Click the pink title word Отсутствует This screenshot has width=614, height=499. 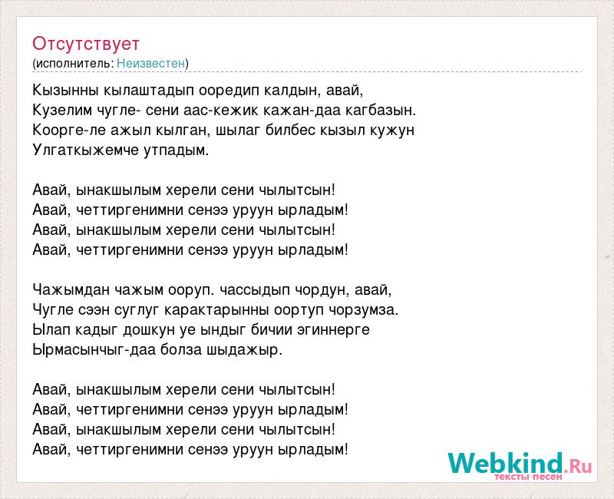pos(86,44)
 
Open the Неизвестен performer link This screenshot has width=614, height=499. pos(150,63)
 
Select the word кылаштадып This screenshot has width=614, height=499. pos(149,91)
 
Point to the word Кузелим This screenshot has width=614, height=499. pos(62,111)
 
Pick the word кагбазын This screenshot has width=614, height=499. pos(381,111)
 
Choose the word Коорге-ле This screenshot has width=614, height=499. pos(69,131)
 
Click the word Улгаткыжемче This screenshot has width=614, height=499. pos(86,150)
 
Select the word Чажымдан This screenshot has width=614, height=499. pos(71,290)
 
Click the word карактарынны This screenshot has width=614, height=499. pos(216,310)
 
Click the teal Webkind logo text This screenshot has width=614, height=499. pos(506,463)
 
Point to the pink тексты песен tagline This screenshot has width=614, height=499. pos(528,477)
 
